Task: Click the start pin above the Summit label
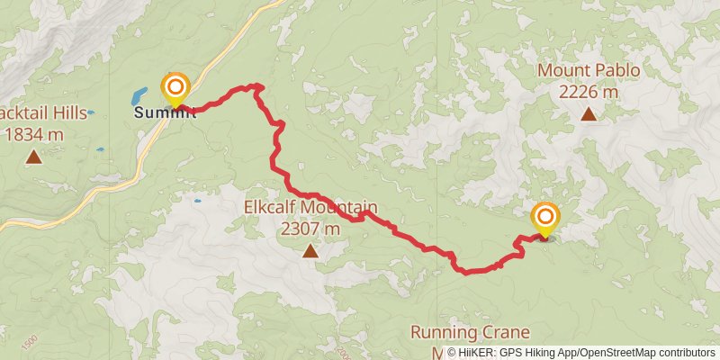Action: click(x=175, y=88)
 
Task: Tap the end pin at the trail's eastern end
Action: click(x=544, y=218)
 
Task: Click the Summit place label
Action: click(x=165, y=113)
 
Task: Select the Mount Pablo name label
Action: click(x=589, y=71)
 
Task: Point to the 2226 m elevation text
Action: click(x=589, y=91)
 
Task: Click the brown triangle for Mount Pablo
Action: click(x=589, y=114)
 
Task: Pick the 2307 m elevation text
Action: click(x=310, y=229)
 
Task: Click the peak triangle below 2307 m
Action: click(x=310, y=251)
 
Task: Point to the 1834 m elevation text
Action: click(x=34, y=135)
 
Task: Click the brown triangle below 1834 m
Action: click(x=34, y=157)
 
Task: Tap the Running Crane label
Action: click(x=469, y=332)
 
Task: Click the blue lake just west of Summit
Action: click(x=139, y=94)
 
